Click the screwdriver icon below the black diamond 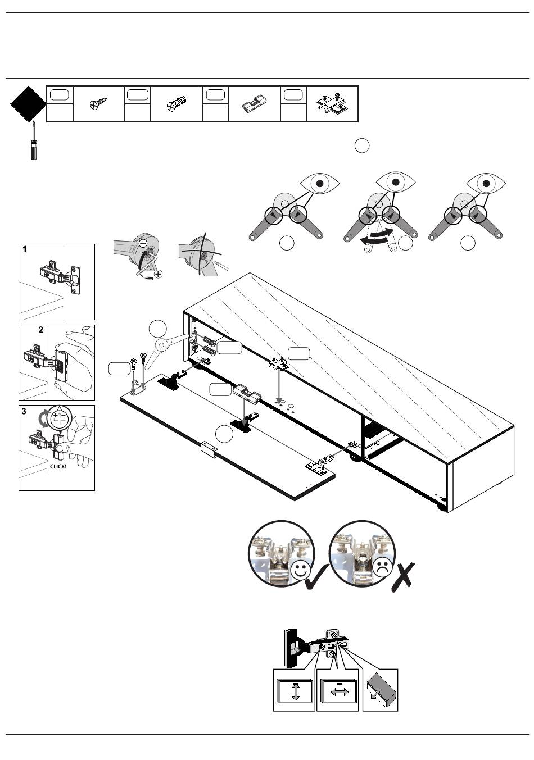(34, 142)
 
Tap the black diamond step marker (28, 104)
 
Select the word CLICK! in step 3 (58, 466)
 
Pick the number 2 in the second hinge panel (41, 330)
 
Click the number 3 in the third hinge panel (24, 411)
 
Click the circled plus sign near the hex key (159, 274)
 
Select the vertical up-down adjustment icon (295, 691)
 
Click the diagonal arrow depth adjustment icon (379, 691)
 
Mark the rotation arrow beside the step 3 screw (41, 420)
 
